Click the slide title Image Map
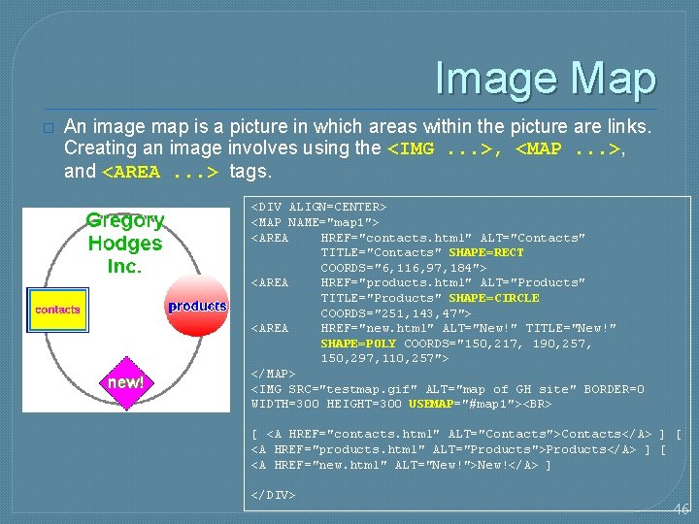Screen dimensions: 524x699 [x=546, y=79]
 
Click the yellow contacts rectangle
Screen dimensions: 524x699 [x=57, y=310]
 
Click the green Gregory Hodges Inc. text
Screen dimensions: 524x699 [x=125, y=243]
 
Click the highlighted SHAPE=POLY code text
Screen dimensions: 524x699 [x=359, y=344]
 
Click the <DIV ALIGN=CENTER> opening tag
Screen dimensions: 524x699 [x=319, y=207]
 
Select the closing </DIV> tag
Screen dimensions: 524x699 [x=274, y=495]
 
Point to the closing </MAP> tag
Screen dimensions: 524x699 [x=274, y=374]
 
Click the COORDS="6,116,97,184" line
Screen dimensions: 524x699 [x=403, y=268]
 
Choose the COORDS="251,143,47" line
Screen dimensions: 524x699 [x=395, y=313]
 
